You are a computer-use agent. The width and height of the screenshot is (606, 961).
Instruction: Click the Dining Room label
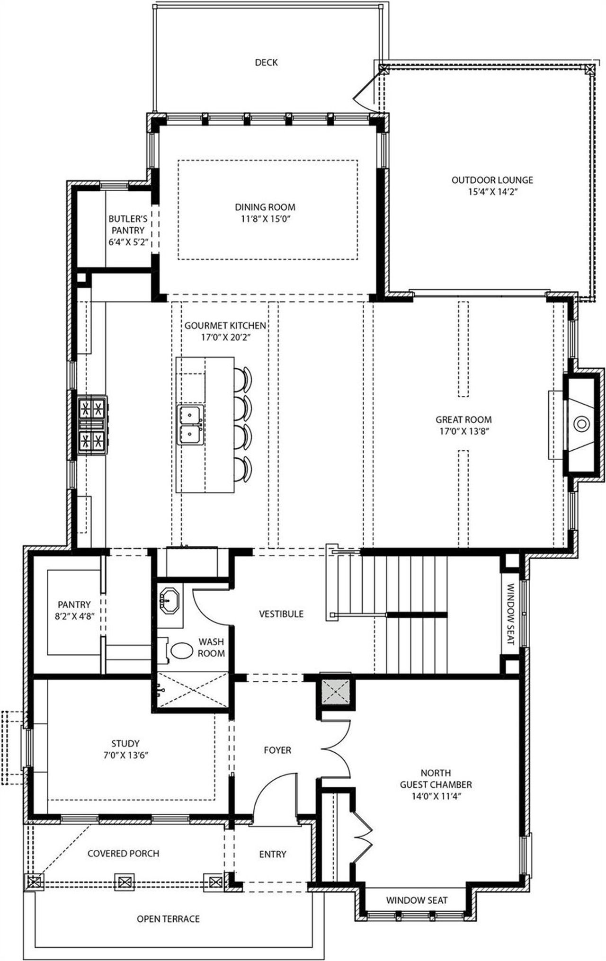click(265, 207)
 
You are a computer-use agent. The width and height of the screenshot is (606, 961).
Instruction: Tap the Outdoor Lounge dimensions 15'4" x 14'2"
click(492, 192)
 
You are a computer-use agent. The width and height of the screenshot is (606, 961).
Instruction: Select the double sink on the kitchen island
click(190, 424)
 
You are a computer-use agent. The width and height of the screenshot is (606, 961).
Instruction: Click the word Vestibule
click(281, 614)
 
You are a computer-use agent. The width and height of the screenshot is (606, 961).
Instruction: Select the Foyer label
click(277, 750)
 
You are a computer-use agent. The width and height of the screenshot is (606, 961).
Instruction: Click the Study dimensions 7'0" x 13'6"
click(125, 756)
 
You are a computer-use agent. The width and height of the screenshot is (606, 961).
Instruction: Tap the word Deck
click(266, 62)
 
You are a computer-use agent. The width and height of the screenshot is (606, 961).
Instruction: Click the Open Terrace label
click(168, 919)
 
